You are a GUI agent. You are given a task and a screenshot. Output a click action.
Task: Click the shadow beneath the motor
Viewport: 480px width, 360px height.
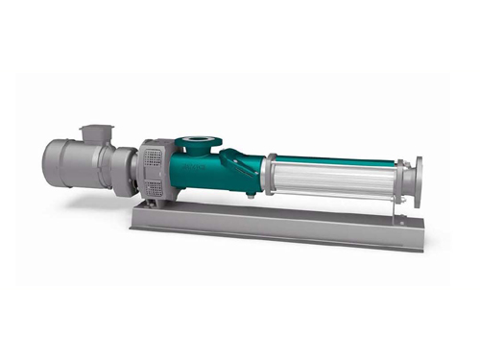[x=86, y=197]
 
